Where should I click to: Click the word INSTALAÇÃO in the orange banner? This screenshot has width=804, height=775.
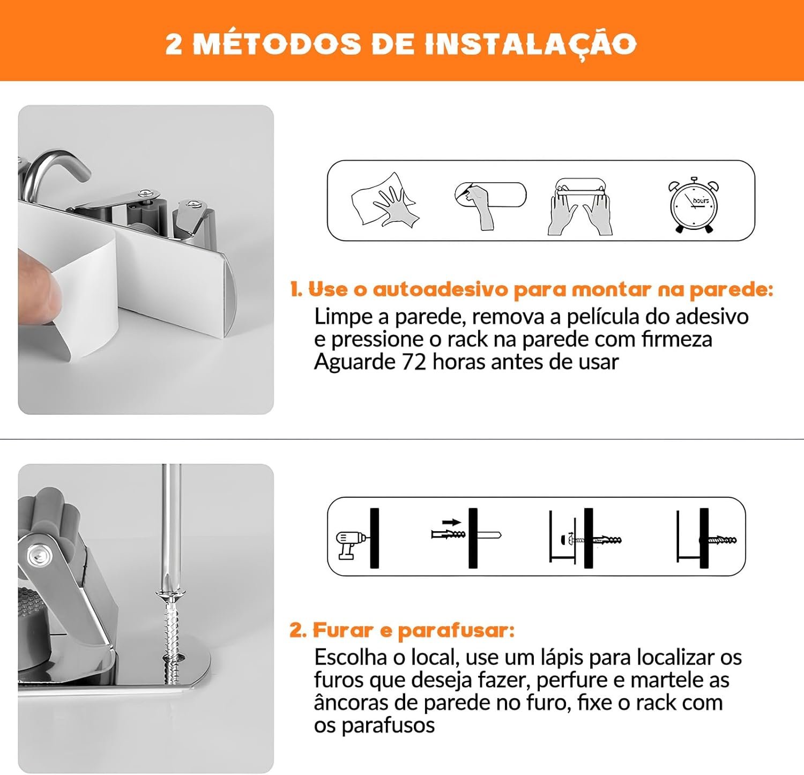point(531,43)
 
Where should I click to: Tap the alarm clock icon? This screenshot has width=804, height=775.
point(693,205)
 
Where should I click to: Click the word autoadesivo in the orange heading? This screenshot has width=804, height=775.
point(440,289)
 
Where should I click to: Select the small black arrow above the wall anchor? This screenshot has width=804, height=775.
point(452,522)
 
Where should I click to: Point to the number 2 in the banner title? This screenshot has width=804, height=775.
point(174,44)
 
